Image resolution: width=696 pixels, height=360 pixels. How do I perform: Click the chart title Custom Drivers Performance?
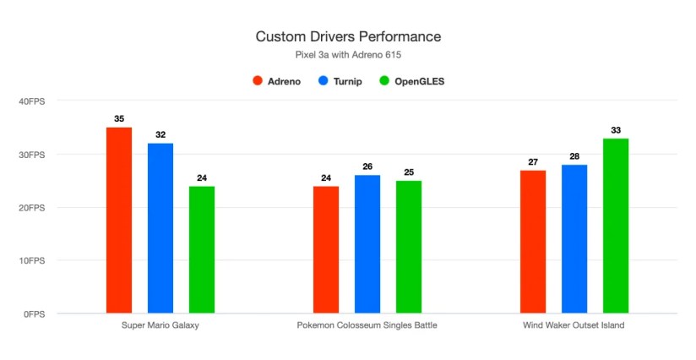coord(348,37)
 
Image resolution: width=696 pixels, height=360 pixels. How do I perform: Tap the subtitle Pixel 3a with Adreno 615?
coord(348,55)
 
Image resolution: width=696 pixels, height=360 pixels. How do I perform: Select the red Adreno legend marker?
coord(257,81)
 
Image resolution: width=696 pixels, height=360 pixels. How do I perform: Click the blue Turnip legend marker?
coord(324,81)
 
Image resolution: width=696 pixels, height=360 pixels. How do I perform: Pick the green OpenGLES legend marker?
coord(385,81)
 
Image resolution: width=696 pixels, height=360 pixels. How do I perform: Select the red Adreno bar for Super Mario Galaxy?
coord(119,220)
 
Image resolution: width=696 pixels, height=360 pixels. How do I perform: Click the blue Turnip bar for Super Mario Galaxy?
coord(160,228)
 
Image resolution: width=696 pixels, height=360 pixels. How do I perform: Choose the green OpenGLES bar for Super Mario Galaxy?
coord(202,249)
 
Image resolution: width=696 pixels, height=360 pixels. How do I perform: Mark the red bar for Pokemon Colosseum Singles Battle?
coord(326,249)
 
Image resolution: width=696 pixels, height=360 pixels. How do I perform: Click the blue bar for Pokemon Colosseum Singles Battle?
coord(367,244)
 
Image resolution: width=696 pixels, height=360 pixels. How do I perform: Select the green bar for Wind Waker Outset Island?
coord(616,226)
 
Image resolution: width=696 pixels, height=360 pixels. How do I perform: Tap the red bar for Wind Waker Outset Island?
coord(533,242)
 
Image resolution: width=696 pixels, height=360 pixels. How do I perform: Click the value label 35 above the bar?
coord(119,119)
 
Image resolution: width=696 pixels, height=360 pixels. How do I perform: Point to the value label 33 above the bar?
coord(616,130)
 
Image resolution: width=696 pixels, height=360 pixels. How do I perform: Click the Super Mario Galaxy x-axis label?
coord(160,325)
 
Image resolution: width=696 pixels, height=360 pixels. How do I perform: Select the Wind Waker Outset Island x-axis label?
coord(574,325)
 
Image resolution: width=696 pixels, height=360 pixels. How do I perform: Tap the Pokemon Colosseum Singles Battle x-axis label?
coord(367,325)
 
